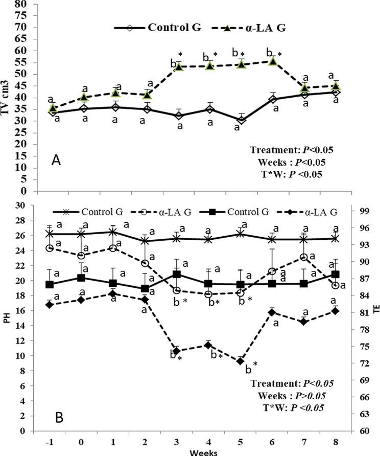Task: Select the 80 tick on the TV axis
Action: [23, 4]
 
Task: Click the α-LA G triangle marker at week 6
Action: [273, 61]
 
